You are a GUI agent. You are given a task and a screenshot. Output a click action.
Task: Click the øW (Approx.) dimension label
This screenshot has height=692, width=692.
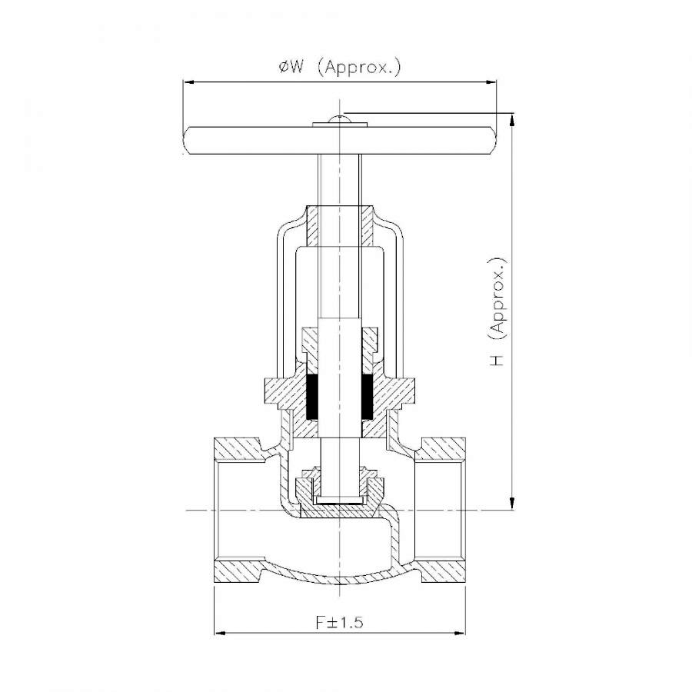pyautogui.click(x=340, y=67)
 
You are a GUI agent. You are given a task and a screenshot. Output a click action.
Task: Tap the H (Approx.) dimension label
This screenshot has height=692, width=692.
pyautogui.click(x=497, y=311)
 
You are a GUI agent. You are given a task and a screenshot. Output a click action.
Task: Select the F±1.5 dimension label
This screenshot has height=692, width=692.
pyautogui.click(x=339, y=622)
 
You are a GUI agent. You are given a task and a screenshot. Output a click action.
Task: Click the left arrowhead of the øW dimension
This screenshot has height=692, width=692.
pyautogui.click(x=189, y=82)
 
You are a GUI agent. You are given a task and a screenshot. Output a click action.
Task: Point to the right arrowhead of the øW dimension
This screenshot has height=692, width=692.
pyautogui.click(x=491, y=82)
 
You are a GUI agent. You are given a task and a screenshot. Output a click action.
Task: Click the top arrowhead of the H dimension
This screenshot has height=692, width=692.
pyautogui.click(x=512, y=120)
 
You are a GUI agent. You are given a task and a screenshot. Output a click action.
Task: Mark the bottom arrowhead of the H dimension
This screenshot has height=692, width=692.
pyautogui.click(x=512, y=504)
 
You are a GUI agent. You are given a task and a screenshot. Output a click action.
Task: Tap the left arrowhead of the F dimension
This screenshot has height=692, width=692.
pyautogui.click(x=220, y=634)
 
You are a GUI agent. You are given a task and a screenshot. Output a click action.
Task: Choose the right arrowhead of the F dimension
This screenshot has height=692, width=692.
pyautogui.click(x=459, y=634)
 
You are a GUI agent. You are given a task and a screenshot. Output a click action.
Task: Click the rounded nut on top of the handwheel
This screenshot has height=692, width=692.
pyautogui.click(x=339, y=119)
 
